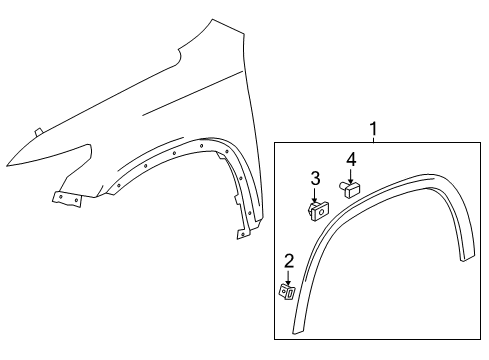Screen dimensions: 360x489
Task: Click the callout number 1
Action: [x=374, y=129]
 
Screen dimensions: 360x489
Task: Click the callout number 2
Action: [x=288, y=263]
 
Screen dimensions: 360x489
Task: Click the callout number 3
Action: [x=314, y=179]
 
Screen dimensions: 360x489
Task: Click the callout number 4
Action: [x=351, y=160]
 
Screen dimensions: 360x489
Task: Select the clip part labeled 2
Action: [x=286, y=291]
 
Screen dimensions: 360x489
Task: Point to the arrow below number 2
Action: [x=288, y=277]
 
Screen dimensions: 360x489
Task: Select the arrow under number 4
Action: [x=351, y=174]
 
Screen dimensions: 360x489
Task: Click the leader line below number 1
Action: [x=374, y=140]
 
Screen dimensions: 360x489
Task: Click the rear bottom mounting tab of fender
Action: [x=242, y=235]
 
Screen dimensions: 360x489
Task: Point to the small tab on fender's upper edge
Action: [x=37, y=131]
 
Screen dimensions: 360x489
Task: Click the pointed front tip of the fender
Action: [x=6, y=164]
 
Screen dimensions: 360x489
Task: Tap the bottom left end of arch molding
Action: [x=297, y=334]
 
